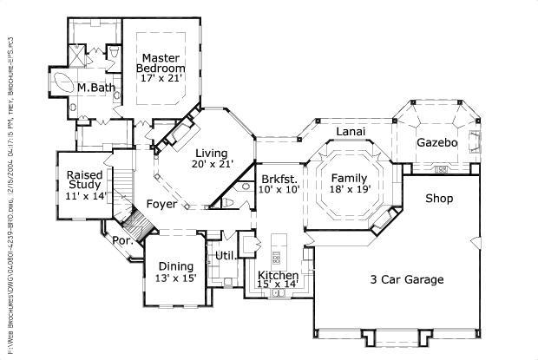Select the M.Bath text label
point(92,88)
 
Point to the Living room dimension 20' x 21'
point(213,162)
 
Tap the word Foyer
point(161,205)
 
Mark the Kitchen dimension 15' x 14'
point(277,284)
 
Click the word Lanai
point(351,131)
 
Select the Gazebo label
point(436,142)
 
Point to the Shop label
point(439,199)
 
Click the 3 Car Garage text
point(407,279)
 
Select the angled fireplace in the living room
point(183,134)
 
